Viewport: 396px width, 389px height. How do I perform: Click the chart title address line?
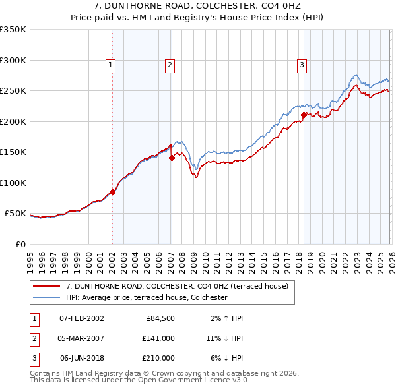[197, 6]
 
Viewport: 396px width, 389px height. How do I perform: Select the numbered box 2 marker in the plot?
[170, 65]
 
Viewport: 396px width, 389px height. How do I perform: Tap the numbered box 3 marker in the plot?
[301, 65]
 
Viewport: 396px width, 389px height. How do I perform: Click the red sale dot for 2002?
[112, 193]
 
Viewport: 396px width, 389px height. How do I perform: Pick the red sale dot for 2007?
[172, 158]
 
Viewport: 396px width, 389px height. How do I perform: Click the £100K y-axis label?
[14, 183]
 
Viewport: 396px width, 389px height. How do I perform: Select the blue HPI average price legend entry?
[146, 297]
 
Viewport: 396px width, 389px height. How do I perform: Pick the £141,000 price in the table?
[158, 338]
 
